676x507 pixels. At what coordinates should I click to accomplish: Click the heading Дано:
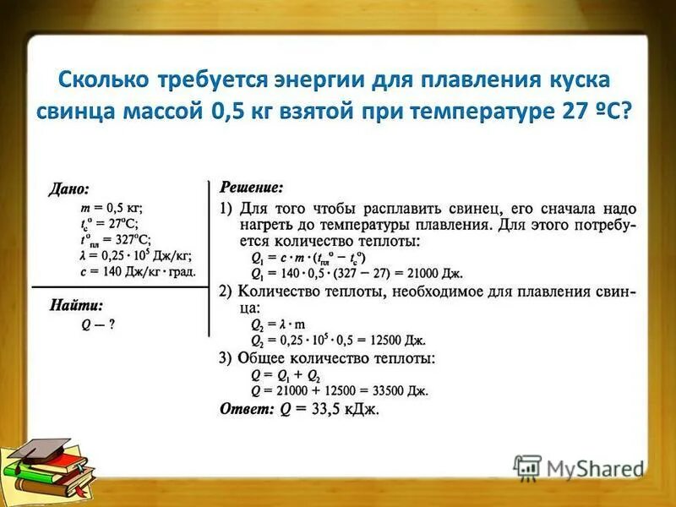(x=68, y=189)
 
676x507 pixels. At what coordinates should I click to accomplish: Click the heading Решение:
(x=252, y=185)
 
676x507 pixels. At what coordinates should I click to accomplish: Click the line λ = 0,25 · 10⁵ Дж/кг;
(x=135, y=255)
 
